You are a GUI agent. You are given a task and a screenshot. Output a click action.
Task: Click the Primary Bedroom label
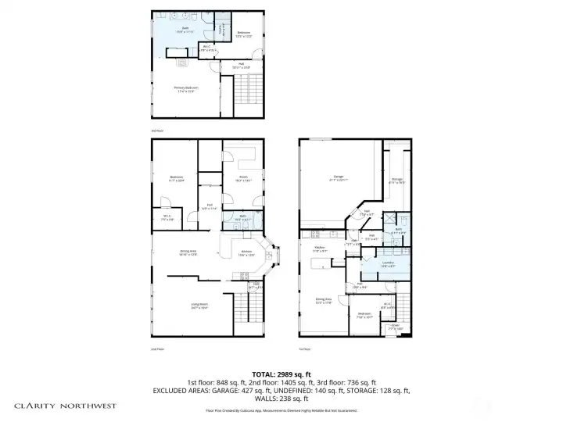point(186,88)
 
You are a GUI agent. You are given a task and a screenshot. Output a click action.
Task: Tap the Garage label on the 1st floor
point(339,177)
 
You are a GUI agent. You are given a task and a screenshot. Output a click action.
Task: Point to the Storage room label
point(396,181)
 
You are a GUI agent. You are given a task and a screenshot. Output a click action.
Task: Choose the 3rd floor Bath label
point(185,28)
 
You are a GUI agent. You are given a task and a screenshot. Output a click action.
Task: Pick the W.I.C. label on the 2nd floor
point(167,218)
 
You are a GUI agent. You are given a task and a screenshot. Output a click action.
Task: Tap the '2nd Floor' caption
point(156,349)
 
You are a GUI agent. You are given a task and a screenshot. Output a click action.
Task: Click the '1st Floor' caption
point(304,349)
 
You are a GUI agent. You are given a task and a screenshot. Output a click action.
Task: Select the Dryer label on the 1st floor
point(396,328)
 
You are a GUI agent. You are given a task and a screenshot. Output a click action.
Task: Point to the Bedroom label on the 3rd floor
point(243,33)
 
